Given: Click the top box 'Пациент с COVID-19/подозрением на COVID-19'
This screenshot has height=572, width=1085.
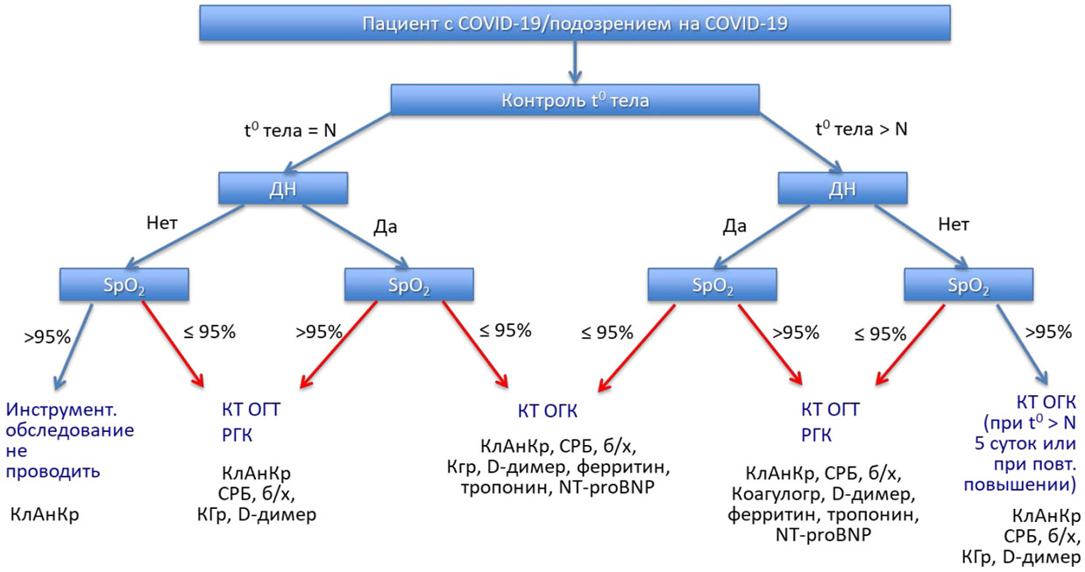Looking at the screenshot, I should (x=574, y=23).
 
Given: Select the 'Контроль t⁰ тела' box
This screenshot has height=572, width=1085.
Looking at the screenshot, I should (x=574, y=100).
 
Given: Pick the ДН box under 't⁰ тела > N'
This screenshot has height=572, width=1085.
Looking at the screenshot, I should (x=842, y=187).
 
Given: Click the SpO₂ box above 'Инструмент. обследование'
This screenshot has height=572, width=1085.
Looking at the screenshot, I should (x=124, y=285).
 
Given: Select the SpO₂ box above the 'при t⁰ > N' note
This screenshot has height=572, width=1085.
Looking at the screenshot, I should (x=968, y=285).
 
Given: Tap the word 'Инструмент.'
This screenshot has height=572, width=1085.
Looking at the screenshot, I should (x=61, y=409).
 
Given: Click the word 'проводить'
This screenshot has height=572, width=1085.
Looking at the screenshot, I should (x=53, y=470).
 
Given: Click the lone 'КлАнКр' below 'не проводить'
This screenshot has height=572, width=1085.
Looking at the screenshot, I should (x=45, y=514).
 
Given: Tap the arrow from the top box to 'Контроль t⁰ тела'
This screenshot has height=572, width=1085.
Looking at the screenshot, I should (x=574, y=61).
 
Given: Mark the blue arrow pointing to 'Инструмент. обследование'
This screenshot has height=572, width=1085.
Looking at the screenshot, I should (x=73, y=344).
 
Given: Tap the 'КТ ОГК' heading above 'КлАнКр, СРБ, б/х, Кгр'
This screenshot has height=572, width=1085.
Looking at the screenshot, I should (x=546, y=413).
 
